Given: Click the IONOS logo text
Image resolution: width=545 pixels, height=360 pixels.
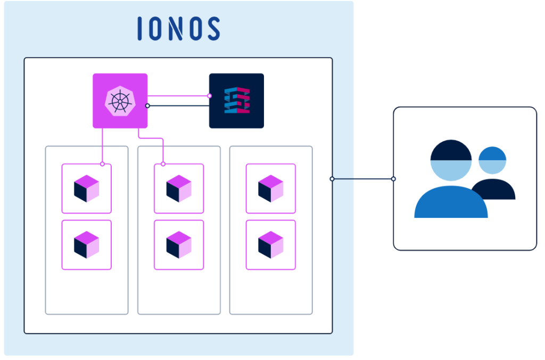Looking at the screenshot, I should [178, 28].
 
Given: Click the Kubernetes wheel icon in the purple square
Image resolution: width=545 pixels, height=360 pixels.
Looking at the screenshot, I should [120, 101].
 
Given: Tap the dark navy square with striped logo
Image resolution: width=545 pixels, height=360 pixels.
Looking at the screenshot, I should [236, 101].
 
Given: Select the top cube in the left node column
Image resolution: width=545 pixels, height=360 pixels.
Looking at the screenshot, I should [86, 189].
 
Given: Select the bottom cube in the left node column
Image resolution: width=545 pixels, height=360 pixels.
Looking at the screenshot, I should [86, 245].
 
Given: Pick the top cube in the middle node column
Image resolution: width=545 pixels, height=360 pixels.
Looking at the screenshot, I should [179, 189].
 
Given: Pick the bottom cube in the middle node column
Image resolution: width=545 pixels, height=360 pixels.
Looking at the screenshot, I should [179, 245].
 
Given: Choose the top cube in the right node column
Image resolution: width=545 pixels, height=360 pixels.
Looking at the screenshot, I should [270, 189].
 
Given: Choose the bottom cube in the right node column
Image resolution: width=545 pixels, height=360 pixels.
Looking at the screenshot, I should [270, 245].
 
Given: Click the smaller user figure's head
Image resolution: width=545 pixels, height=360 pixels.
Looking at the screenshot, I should [492, 160].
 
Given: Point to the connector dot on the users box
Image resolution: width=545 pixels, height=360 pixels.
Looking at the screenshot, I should [393, 179].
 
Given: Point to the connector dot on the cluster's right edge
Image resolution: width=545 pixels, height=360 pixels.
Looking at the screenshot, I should [332, 179].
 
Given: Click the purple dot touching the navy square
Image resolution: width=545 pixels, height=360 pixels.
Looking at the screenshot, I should [209, 96].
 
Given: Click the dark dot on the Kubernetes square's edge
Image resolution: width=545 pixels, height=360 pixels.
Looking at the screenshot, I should [147, 105].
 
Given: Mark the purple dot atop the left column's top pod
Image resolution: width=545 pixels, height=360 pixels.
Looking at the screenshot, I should [102, 164].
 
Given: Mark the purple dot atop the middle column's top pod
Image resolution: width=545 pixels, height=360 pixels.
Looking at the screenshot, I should [163, 164].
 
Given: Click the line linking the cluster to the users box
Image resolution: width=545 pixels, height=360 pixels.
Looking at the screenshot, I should [362, 179].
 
